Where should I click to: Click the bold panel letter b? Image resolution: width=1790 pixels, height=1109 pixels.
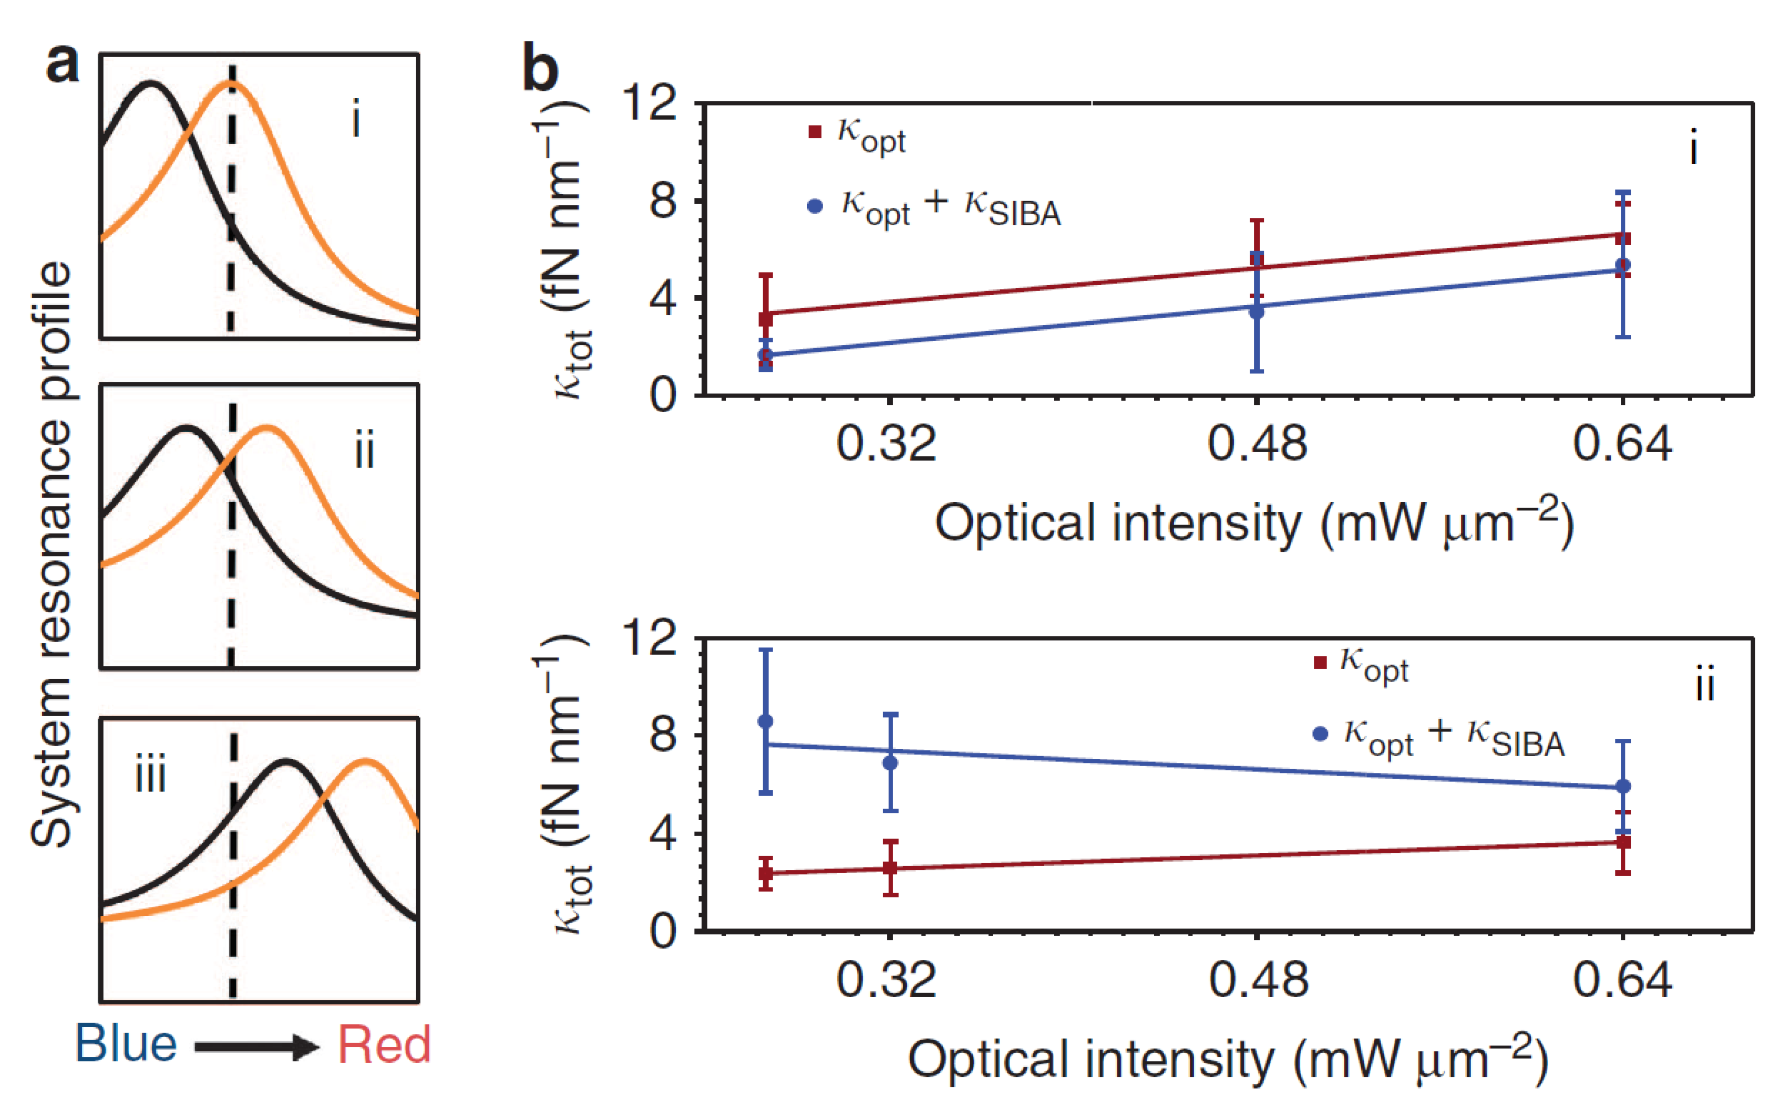[540, 68]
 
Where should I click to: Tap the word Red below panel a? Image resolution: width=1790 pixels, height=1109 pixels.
[383, 1044]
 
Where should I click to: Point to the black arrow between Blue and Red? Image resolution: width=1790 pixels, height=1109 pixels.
[257, 1046]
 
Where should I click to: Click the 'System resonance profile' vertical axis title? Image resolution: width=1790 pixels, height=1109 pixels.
[52, 554]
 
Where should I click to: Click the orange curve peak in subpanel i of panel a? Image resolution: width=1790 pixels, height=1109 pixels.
[230, 85]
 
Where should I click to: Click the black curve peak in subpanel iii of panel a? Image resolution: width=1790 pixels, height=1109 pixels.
[286, 763]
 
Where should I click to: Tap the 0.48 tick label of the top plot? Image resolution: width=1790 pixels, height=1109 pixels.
[1257, 444]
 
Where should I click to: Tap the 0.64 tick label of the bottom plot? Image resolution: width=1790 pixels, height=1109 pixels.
[1622, 981]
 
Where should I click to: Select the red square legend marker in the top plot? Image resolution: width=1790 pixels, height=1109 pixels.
[815, 132]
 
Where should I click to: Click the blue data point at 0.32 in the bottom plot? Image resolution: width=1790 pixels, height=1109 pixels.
[890, 763]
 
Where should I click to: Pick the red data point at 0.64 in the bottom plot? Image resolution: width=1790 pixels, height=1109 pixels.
[1623, 842]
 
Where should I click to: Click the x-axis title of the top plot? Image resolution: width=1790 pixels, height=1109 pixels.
[1253, 524]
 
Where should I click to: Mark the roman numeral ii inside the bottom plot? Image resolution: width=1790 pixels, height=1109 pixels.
[1704, 686]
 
